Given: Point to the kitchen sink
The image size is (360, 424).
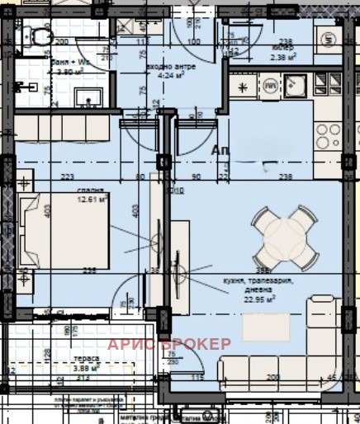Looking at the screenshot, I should click(296, 85).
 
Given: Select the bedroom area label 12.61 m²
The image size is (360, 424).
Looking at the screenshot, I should click(93, 198).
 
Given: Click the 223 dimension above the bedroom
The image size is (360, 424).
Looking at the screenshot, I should click(66, 176).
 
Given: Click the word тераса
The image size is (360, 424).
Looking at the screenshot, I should click(85, 359).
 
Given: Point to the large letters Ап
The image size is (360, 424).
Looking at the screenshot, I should click(221, 150).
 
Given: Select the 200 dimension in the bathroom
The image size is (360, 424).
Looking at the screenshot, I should click(60, 40).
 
